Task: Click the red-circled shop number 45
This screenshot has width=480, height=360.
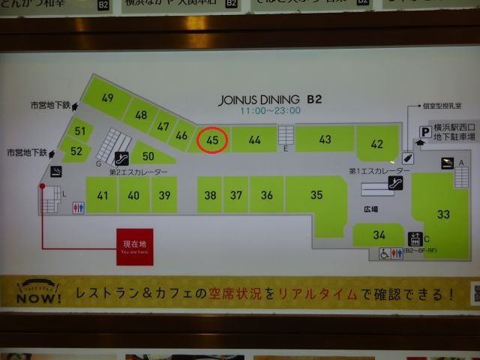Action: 212,139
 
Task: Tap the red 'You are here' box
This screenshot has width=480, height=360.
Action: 135,247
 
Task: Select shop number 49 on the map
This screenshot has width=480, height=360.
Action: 108,97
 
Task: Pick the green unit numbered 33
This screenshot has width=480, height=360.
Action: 443,214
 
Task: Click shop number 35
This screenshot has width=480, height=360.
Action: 316,195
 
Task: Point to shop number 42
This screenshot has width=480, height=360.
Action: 376,144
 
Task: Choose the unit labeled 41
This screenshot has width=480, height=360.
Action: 102,196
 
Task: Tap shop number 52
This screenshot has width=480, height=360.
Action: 76,151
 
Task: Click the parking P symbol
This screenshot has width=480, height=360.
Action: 424,132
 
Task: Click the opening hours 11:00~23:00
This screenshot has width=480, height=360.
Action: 270,110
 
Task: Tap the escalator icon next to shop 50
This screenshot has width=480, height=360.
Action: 121,158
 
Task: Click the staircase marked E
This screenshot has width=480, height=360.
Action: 286,135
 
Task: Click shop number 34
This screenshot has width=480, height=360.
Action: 379,235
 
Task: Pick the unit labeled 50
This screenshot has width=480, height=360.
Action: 148,157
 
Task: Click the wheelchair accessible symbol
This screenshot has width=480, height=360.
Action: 384,253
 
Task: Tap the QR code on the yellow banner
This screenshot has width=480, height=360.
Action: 475,293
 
